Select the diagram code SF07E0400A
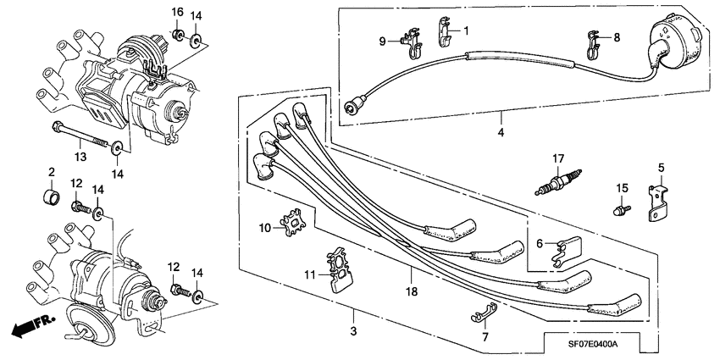(x=586, y=344)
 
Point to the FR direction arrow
(x=30, y=324)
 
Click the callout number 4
(x=500, y=134)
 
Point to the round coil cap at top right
(x=671, y=42)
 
